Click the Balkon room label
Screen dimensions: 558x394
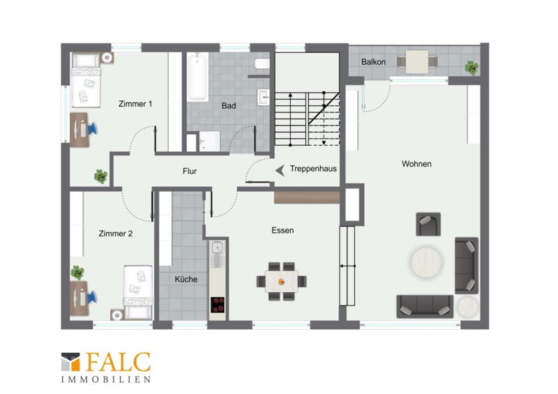(373, 62)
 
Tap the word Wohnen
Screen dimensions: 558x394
(416, 164)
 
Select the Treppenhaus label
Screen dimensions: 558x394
(313, 169)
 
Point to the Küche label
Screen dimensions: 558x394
(186, 280)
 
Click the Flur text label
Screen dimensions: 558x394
(190, 171)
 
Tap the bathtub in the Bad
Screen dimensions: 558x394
(197, 77)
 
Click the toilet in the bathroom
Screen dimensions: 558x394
(262, 63)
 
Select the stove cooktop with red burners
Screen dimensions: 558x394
(217, 305)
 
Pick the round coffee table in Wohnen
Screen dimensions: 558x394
(426, 262)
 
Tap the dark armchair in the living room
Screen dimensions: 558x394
(428, 225)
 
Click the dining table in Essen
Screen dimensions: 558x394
(281, 282)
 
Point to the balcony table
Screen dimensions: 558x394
(416, 61)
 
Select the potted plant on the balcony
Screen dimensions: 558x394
(472, 68)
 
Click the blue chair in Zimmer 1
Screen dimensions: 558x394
(91, 129)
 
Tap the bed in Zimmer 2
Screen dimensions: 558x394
(137, 292)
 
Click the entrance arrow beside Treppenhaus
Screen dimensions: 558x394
(280, 171)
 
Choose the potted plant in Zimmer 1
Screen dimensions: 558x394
(100, 176)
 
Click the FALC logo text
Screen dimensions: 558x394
(118, 363)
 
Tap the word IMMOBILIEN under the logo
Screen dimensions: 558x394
(106, 380)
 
